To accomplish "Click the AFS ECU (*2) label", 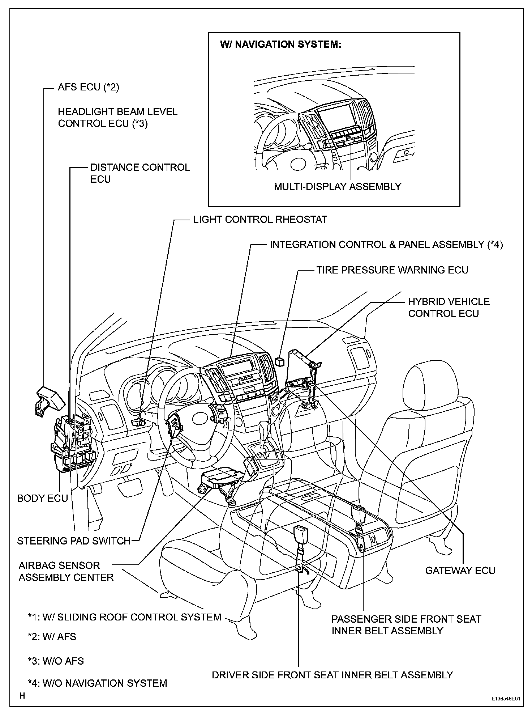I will [x=88, y=87].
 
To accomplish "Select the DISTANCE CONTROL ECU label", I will [x=140, y=173].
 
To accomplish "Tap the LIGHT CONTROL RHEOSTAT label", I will [x=260, y=220].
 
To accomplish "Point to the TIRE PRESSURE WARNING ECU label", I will [x=392, y=270].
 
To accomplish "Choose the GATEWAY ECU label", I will [x=460, y=571].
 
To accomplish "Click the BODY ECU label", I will [x=42, y=498].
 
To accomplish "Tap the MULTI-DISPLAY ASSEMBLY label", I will [x=337, y=186].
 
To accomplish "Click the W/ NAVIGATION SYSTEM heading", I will [x=280, y=44].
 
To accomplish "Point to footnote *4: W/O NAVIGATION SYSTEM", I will [x=98, y=683].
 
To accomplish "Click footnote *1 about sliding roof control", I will [x=124, y=617].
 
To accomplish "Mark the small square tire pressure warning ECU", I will [x=279, y=361].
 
